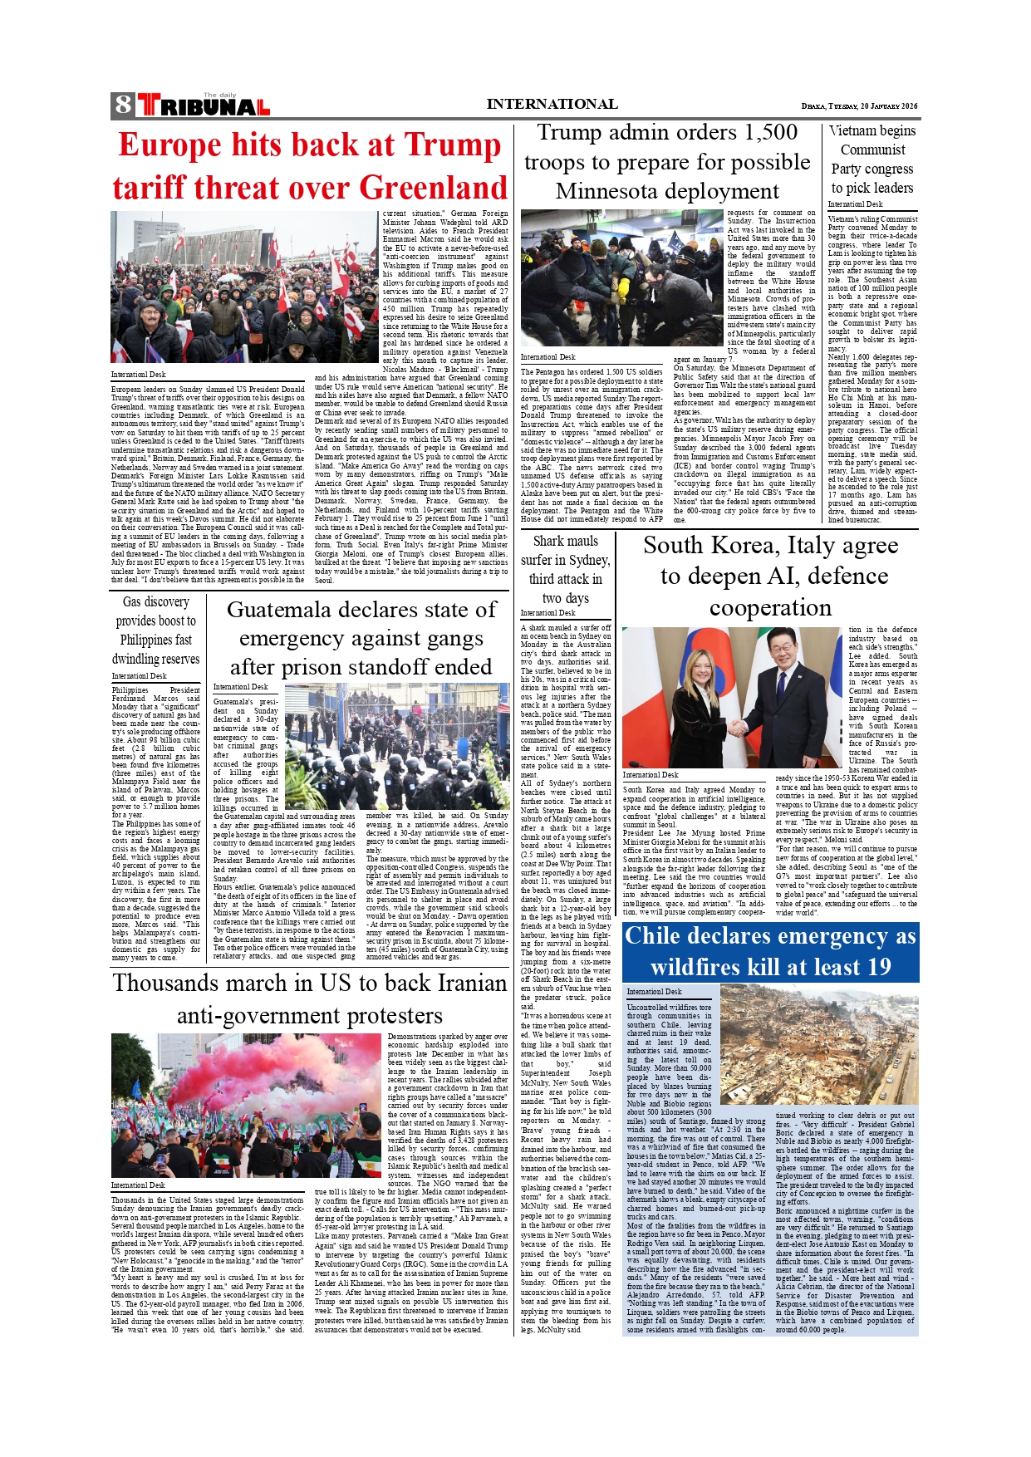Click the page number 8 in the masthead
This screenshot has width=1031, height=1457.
pos(123,105)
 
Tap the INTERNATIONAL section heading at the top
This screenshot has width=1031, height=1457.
pos(552,104)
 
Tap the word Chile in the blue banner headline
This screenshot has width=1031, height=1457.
pos(653,936)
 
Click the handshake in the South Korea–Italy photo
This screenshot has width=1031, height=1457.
pos(738,727)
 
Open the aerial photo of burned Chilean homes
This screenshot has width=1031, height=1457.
pos(818,1044)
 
